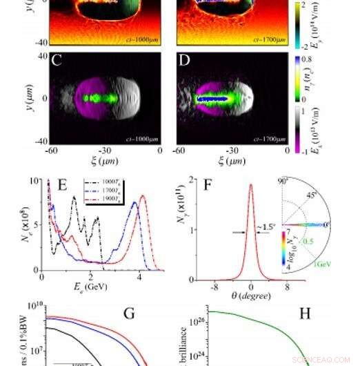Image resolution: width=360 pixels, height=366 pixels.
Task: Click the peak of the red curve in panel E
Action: point(143,196)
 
